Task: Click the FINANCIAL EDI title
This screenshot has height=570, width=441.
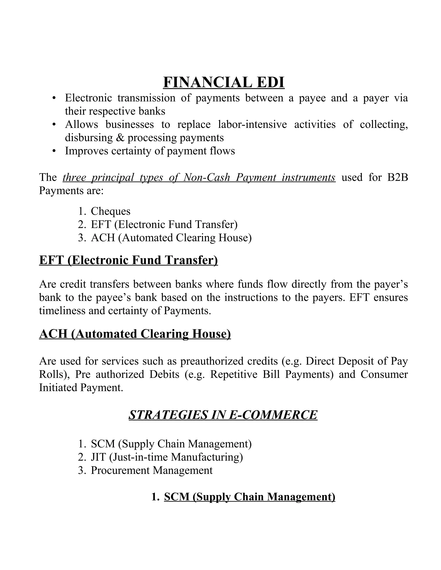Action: (x=224, y=82)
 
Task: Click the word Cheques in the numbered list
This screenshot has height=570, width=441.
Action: (x=110, y=211)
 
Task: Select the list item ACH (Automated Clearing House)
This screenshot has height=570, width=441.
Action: (x=171, y=238)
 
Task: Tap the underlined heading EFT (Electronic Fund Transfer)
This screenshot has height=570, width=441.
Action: (x=128, y=260)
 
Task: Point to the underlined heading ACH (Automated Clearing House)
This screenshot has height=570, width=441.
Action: (x=135, y=334)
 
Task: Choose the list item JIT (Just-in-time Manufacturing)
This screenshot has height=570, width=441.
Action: (x=167, y=457)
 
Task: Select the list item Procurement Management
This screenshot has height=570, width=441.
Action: (x=152, y=470)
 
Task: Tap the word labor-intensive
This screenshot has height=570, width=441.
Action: (x=252, y=124)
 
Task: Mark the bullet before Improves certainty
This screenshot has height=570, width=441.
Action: (x=54, y=151)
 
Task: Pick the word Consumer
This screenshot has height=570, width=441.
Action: (x=384, y=374)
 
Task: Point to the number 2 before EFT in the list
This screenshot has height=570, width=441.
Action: (x=81, y=224)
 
